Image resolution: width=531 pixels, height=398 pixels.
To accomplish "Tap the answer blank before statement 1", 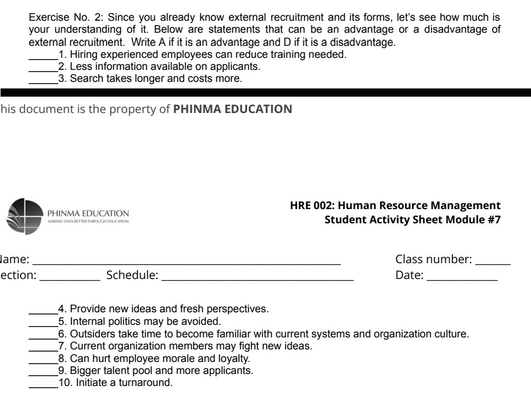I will (x=43, y=57).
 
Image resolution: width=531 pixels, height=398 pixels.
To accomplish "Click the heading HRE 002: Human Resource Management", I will (x=395, y=206).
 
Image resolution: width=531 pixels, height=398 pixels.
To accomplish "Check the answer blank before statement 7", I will (x=43, y=348).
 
